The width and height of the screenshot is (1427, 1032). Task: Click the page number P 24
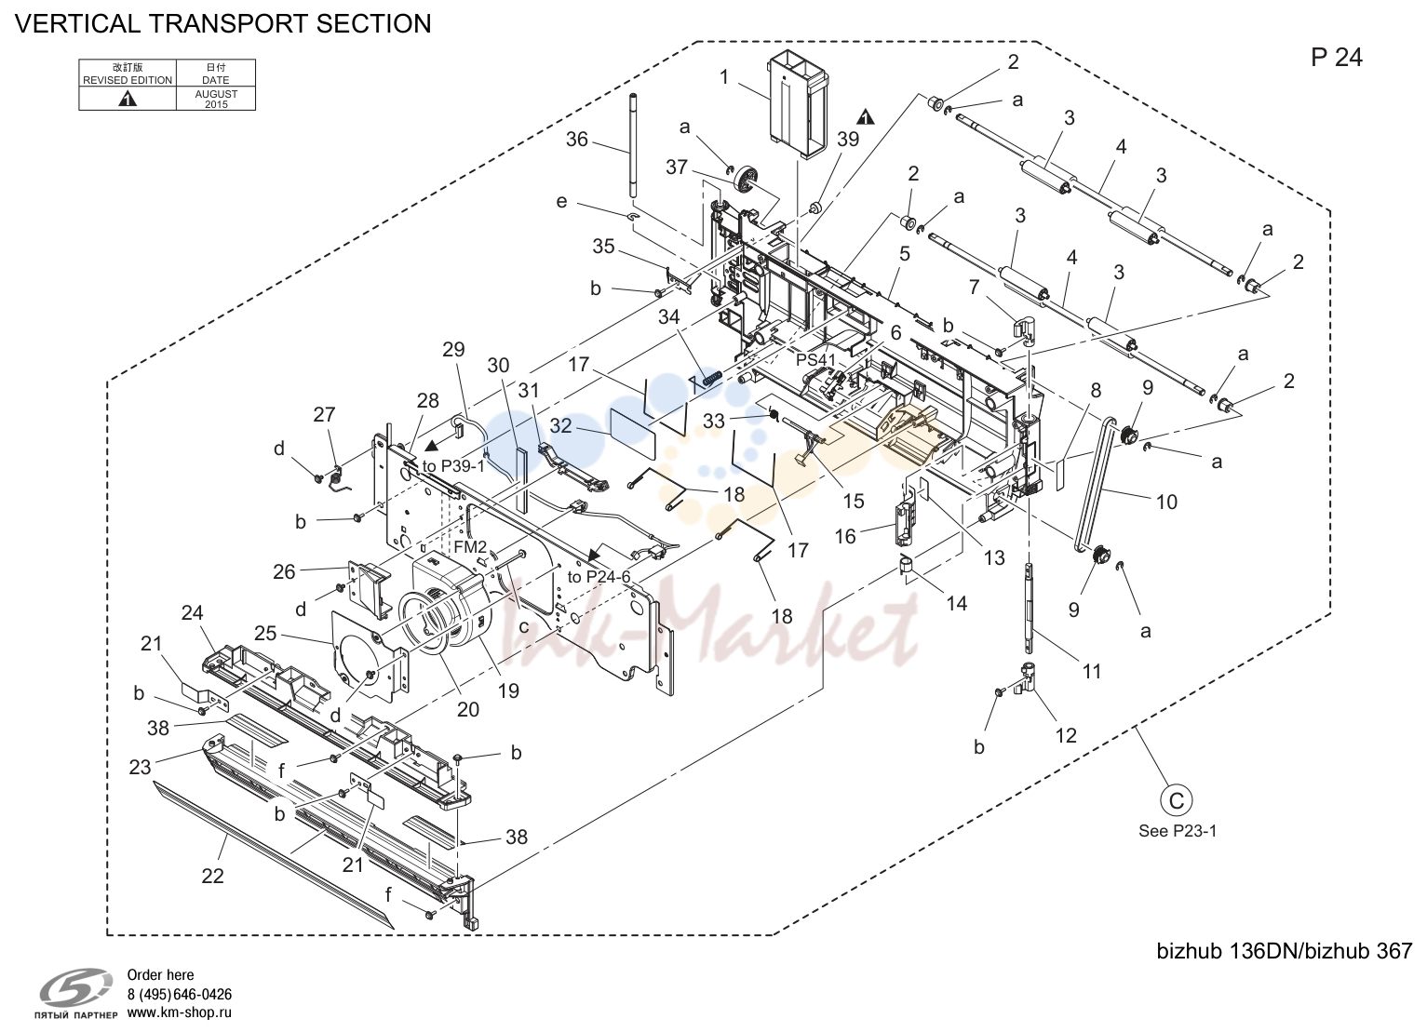(1336, 58)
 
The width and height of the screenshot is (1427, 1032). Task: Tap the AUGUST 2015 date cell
(216, 99)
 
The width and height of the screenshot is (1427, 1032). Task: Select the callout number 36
(577, 139)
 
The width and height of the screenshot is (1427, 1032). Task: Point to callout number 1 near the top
(723, 77)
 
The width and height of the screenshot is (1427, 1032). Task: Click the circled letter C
(1176, 801)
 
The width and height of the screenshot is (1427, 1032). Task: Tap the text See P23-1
(1178, 831)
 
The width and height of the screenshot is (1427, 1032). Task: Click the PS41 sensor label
(815, 360)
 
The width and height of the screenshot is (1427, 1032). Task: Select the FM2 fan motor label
(470, 546)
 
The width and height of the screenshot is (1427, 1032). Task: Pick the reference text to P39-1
(453, 466)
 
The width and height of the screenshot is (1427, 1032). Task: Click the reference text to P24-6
(599, 577)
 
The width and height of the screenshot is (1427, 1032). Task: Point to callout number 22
(213, 876)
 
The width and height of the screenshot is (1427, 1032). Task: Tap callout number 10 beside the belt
(1167, 502)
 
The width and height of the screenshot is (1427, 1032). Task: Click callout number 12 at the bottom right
(1066, 736)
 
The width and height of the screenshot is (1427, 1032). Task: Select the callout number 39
(848, 139)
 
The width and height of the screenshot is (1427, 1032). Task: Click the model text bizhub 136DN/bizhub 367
(1285, 951)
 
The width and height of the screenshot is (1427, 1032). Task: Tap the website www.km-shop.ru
(179, 1012)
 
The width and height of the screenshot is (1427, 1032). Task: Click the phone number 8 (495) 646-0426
(179, 995)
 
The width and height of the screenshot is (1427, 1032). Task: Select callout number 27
(324, 415)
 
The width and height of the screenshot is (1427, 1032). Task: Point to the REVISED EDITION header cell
(128, 74)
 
